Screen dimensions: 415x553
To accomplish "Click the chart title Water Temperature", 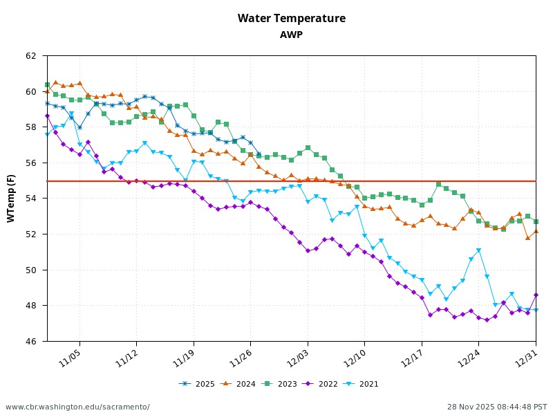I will pyautogui.click(x=291, y=19).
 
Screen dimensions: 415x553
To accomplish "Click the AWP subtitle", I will pyautogui.click(x=291, y=35).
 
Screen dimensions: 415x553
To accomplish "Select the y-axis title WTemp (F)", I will pyautogui.click(x=11, y=198).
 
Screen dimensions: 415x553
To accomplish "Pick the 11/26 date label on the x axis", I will pyautogui.click(x=242, y=357).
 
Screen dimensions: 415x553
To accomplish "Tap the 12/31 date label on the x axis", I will pyautogui.click(x=527, y=357).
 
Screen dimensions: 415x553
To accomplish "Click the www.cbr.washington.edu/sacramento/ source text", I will pyautogui.click(x=77, y=407).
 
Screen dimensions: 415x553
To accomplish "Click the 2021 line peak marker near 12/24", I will pyautogui.click(x=478, y=250).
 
